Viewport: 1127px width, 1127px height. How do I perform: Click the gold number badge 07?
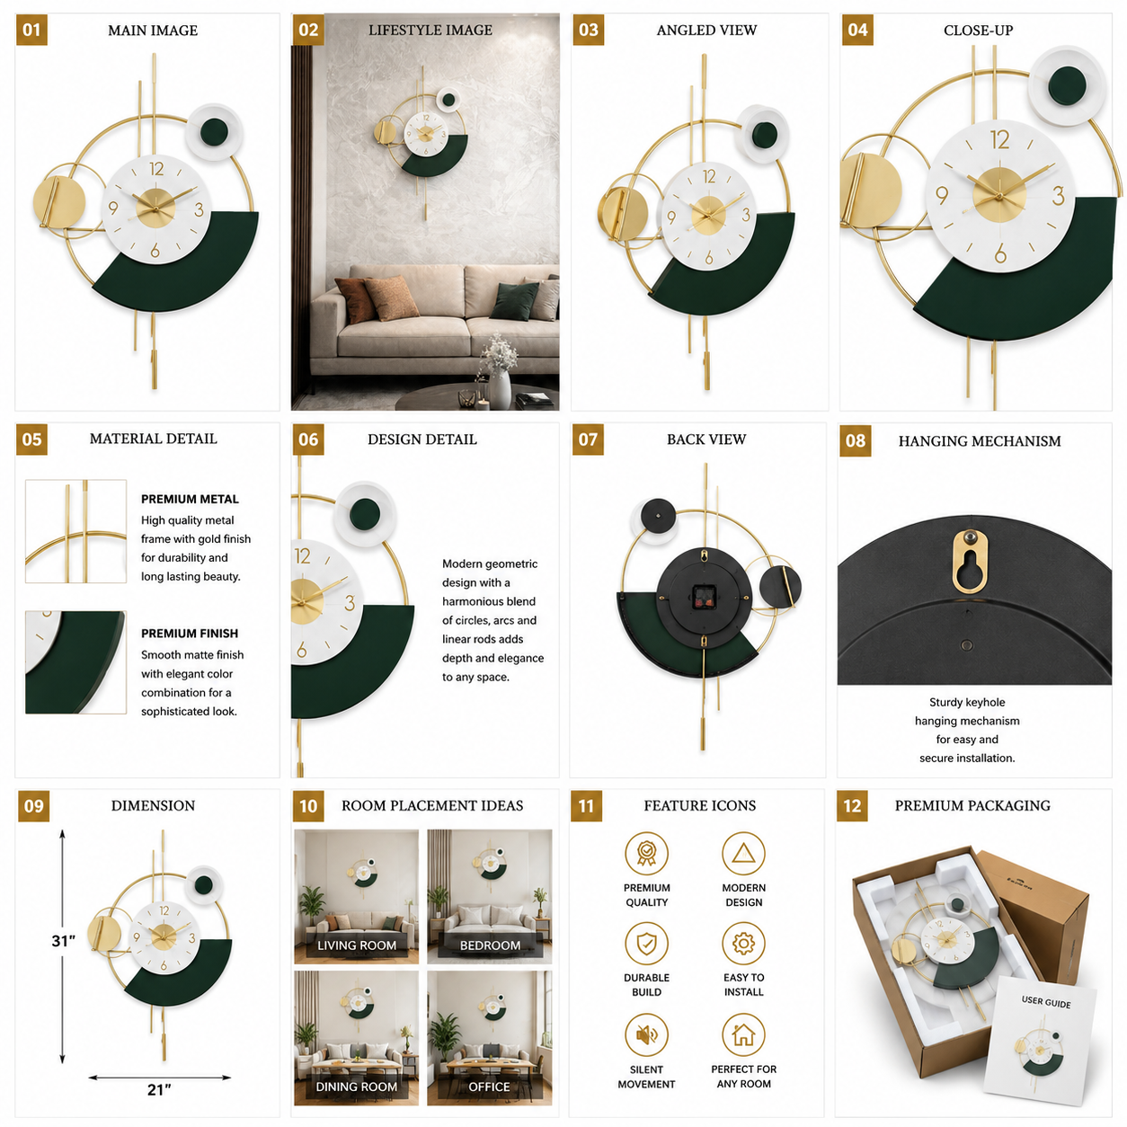point(588,439)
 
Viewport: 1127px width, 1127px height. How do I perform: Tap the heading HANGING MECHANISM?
point(979,441)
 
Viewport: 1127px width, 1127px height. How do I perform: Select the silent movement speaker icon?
point(646,1034)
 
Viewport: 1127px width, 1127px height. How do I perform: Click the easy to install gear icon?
point(743,944)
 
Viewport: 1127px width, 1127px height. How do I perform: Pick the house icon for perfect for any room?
point(743,1034)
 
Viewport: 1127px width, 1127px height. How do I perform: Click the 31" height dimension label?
point(64,941)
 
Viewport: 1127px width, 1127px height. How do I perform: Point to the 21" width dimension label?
point(159,1089)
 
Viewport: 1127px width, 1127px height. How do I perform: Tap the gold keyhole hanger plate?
point(970,561)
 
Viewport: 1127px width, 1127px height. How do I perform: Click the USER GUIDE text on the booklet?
point(1046,1002)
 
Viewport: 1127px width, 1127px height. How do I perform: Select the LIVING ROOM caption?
point(357,945)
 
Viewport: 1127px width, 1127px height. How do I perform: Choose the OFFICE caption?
point(489,1087)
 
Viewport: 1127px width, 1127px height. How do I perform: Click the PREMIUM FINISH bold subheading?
point(190,634)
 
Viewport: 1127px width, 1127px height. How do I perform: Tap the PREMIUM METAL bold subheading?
point(190,499)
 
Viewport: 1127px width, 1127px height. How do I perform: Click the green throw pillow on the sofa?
point(513,300)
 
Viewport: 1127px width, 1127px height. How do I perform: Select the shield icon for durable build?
point(646,944)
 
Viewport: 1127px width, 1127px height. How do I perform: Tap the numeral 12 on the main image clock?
point(156,169)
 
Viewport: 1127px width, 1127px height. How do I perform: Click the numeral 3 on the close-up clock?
point(1058,195)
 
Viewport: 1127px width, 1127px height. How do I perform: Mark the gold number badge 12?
point(852,806)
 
